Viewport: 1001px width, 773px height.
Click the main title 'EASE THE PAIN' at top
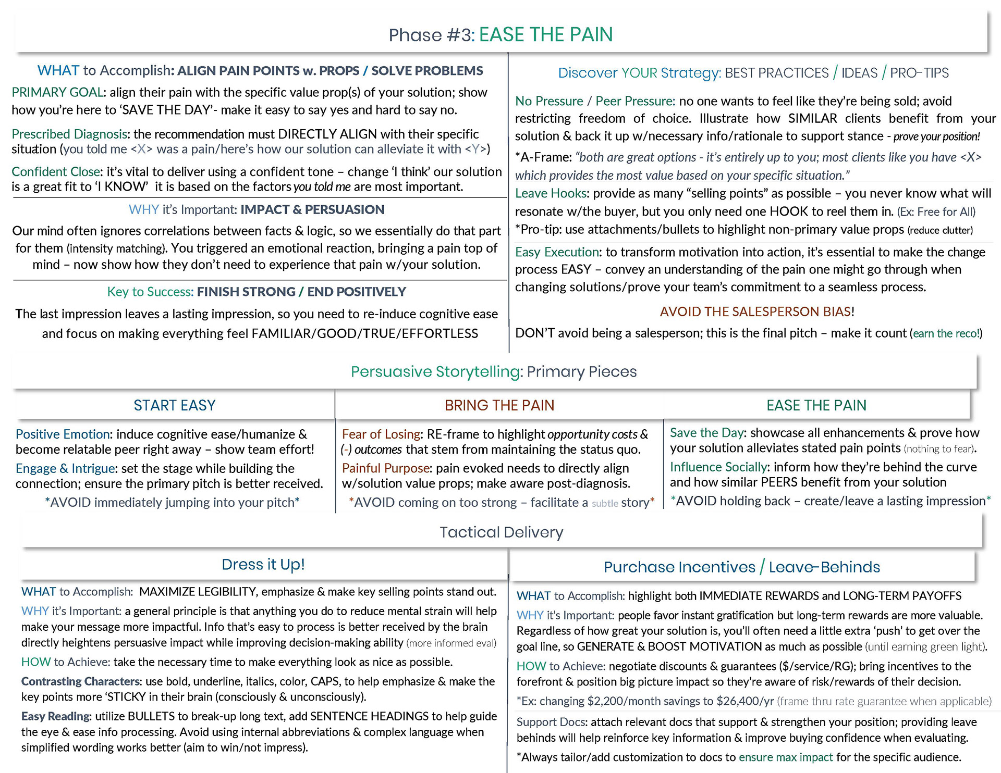(545, 34)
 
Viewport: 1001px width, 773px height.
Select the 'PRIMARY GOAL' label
(57, 92)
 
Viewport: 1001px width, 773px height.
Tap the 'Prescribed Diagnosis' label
(69, 134)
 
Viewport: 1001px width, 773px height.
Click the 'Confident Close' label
(56, 171)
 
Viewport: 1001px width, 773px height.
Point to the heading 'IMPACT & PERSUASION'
(312, 209)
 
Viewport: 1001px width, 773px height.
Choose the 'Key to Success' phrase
(150, 292)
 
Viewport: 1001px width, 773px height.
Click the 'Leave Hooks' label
(551, 193)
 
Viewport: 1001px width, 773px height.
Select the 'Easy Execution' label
(557, 252)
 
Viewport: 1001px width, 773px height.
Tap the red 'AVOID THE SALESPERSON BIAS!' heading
(757, 311)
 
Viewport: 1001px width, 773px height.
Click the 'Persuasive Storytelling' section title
(436, 371)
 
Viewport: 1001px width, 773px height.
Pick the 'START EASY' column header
(174, 405)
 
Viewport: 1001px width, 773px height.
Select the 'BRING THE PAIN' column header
(499, 405)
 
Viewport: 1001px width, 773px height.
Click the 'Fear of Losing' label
(381, 434)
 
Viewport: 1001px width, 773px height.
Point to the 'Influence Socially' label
(718, 467)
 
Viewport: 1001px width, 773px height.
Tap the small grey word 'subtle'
(605, 503)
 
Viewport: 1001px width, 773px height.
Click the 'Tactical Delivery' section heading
(501, 532)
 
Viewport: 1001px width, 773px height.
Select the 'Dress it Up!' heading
(263, 564)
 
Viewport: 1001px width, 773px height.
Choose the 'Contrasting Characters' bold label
(80, 681)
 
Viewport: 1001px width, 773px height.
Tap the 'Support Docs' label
(551, 722)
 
